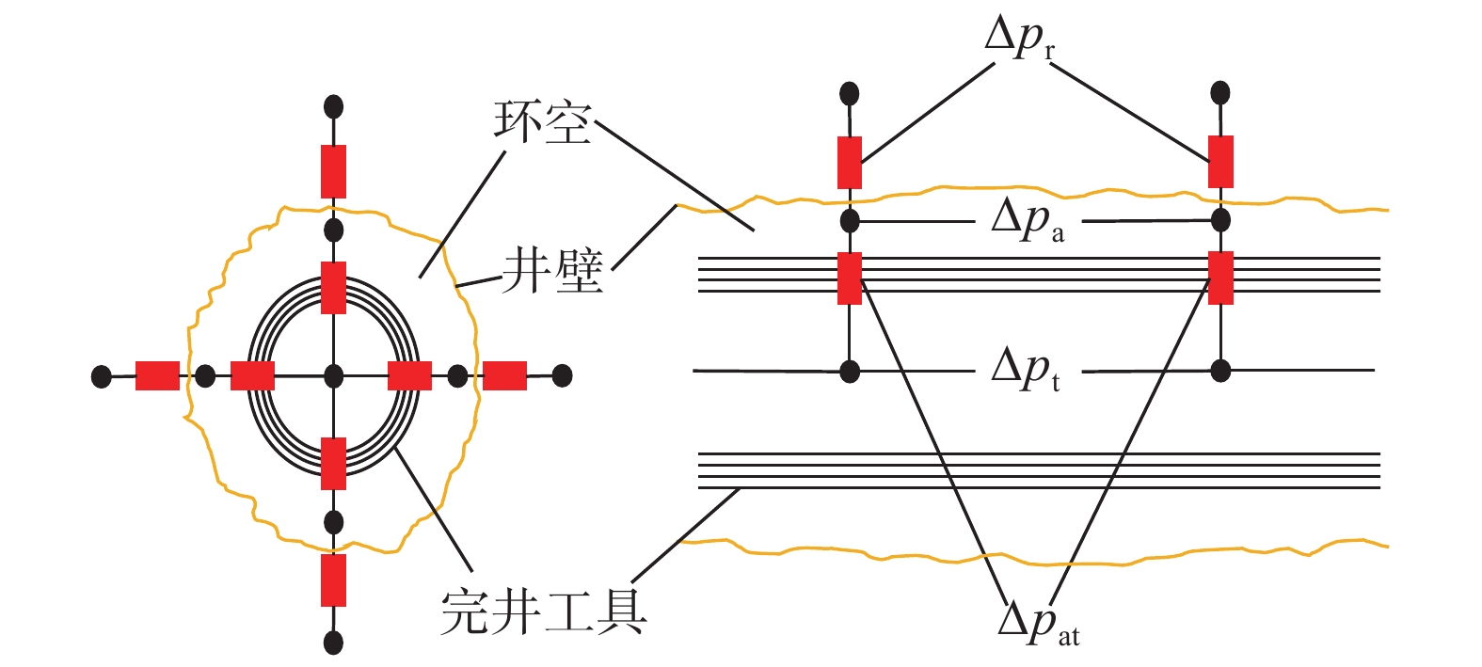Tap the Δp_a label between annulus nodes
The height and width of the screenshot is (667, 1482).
(x=1027, y=222)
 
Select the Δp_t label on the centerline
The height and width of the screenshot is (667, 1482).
(x=1025, y=369)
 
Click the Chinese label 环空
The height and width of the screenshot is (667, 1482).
(x=543, y=123)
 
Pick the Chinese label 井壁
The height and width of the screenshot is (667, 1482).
(x=553, y=272)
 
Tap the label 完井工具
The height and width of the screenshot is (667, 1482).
(x=544, y=611)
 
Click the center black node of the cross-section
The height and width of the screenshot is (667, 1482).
(x=333, y=376)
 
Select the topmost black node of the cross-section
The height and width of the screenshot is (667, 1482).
(x=333, y=105)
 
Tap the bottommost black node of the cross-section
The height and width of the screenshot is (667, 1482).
(x=333, y=643)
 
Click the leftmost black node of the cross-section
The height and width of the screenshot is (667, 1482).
(x=101, y=376)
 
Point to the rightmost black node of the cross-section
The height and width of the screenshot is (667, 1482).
(x=562, y=376)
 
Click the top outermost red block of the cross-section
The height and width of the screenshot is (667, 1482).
(x=333, y=171)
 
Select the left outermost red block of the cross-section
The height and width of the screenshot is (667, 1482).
(x=157, y=376)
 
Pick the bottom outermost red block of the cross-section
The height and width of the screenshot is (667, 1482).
(x=333, y=580)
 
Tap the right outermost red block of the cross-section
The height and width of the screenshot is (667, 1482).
(x=505, y=376)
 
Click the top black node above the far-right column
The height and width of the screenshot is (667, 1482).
(x=1220, y=92)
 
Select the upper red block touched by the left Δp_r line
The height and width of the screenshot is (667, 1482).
(x=850, y=163)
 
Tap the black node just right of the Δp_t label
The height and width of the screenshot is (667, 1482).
(x=1220, y=370)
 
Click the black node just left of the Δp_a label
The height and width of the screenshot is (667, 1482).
(x=850, y=221)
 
